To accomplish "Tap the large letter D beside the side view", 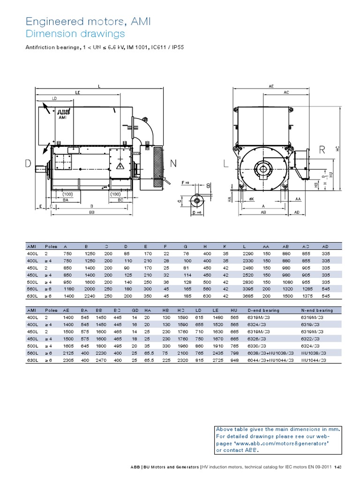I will (x=29, y=163).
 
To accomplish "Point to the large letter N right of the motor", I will (x=173, y=163).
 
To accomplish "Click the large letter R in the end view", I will (x=322, y=150).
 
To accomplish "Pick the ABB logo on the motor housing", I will (x=62, y=113).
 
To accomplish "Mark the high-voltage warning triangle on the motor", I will (x=120, y=166).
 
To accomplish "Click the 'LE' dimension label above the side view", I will (x=77, y=93).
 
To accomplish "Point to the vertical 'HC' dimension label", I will (x=337, y=148).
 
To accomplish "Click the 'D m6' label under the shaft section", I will (x=198, y=212).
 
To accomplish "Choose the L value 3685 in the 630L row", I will (x=248, y=296).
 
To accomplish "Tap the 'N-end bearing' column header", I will (x=317, y=310).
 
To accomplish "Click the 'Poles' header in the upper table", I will (x=51, y=246).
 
